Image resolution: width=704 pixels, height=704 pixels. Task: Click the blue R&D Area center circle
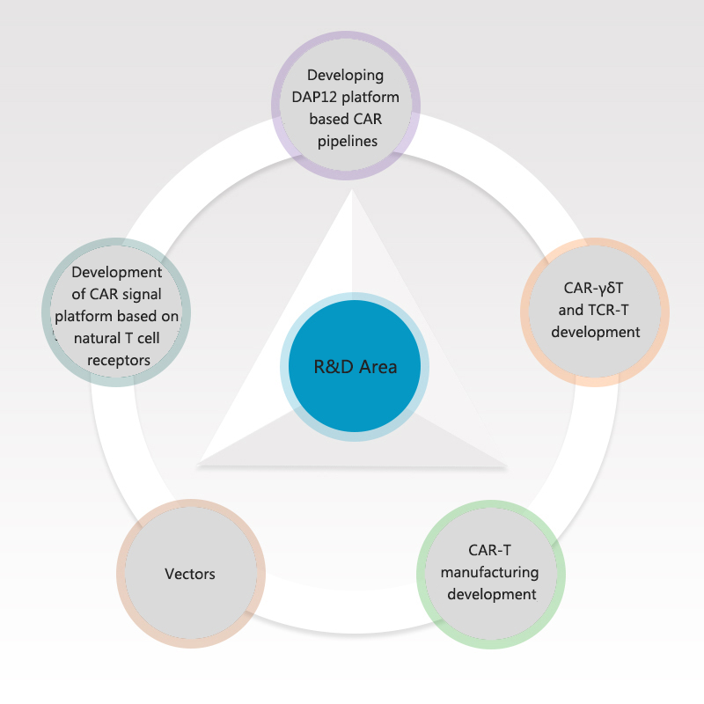355,366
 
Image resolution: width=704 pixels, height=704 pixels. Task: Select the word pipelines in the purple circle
348,142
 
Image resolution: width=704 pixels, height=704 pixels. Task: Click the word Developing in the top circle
345,76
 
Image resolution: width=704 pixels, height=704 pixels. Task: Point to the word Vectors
190,574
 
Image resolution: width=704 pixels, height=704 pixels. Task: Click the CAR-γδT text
593,289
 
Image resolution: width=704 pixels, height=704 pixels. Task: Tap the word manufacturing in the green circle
490,573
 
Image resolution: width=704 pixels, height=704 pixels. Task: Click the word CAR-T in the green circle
489,550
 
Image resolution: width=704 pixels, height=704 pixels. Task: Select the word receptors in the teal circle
119,361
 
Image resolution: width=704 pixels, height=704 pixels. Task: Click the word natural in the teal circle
98,338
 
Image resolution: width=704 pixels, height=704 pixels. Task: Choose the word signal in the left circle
142,295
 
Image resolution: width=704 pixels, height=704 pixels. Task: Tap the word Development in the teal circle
117,273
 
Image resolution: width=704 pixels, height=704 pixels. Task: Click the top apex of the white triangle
352,189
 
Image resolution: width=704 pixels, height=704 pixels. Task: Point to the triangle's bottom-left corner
197,466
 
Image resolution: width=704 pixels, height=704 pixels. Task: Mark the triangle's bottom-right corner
507,466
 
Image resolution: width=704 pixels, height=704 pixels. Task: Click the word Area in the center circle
378,367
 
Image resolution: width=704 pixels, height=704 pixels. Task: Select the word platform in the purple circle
370,98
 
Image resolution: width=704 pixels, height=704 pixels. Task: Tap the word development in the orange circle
596,333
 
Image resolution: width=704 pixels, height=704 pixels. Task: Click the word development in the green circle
492,595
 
